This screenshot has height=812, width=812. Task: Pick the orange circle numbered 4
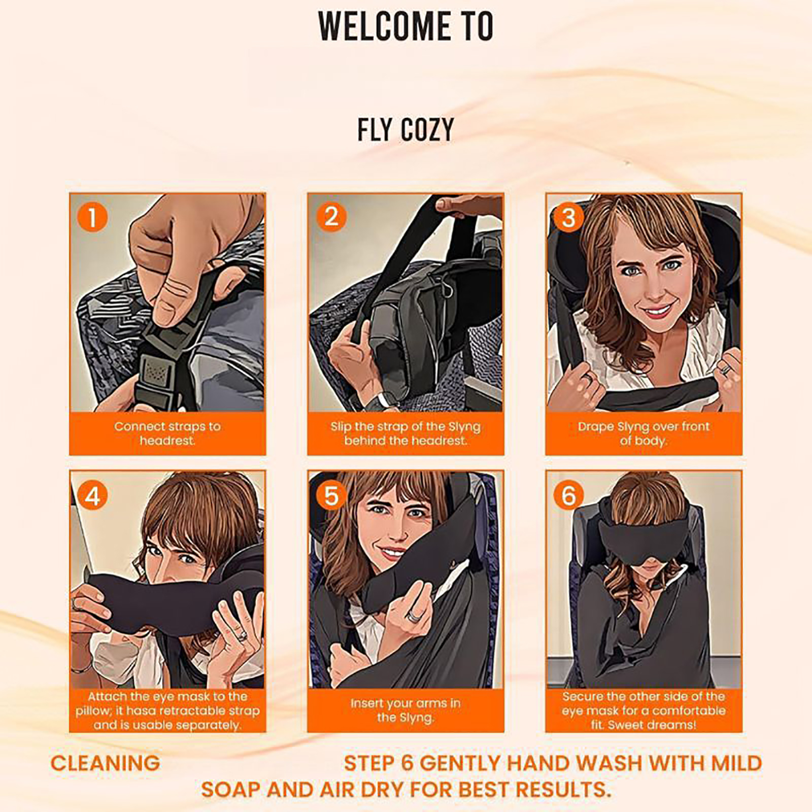tap(92, 495)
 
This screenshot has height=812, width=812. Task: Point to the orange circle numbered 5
tap(331, 495)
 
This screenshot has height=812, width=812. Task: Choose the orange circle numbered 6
tap(569, 495)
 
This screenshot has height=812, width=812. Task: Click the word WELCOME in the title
tap(385, 26)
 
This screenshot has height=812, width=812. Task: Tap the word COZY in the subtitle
tap(427, 130)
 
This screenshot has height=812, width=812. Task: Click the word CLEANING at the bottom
tap(105, 763)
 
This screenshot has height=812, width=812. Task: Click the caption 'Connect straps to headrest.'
tap(167, 433)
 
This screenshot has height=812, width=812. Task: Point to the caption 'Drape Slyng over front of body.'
tap(644, 433)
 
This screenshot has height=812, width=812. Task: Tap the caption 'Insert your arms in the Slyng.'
tap(405, 710)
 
